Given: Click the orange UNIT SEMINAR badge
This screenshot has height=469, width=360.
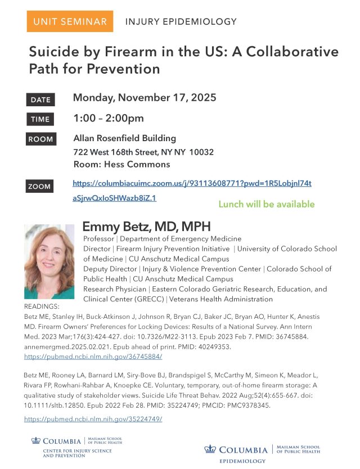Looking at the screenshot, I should (x=69, y=22).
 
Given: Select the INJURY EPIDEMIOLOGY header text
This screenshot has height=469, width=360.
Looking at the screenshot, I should (x=181, y=22).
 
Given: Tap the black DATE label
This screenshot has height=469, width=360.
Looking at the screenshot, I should (x=40, y=100).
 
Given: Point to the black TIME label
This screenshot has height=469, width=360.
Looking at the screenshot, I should (x=40, y=119).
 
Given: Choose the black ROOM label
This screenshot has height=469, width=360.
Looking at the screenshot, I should (x=41, y=139).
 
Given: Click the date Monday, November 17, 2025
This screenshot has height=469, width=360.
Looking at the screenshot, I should (x=145, y=98).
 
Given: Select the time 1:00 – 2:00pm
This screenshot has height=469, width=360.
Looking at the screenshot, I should (x=109, y=118).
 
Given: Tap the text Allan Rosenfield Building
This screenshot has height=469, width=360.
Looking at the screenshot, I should (x=125, y=138).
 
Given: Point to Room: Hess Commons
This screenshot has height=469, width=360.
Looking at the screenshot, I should (x=121, y=164).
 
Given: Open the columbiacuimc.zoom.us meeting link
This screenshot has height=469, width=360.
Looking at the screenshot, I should (x=192, y=184).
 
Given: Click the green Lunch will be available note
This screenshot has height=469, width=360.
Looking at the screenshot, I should (x=266, y=204).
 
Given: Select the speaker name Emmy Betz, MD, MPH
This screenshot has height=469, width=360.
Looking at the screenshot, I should (x=146, y=227).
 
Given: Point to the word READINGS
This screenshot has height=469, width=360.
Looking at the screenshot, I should (x=42, y=307).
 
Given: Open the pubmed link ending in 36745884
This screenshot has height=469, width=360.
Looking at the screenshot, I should (x=93, y=357).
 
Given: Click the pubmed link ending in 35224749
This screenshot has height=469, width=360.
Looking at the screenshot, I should (x=93, y=419).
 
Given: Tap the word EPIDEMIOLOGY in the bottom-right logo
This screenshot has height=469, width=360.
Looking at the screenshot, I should (x=242, y=461).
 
